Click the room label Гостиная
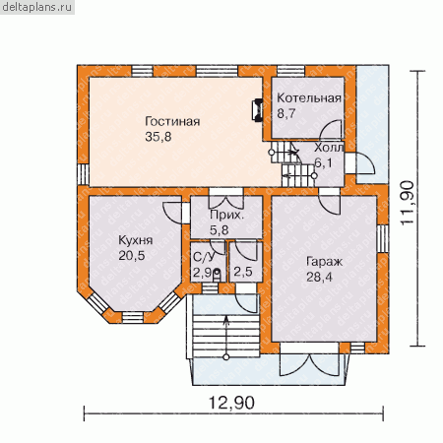click(x=172, y=121)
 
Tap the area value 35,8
click(x=158, y=137)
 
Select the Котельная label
click(x=309, y=98)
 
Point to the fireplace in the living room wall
click(x=257, y=110)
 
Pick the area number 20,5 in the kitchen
click(x=132, y=255)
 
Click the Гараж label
click(x=324, y=262)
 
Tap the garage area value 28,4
click(x=319, y=277)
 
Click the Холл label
click(x=329, y=148)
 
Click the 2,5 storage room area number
click(x=243, y=272)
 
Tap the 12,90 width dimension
click(x=231, y=403)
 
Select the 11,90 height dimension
click(x=408, y=203)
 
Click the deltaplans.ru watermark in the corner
click(x=37, y=7)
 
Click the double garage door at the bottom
click(x=309, y=359)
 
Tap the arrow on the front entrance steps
click(x=226, y=337)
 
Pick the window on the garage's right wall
click(x=383, y=238)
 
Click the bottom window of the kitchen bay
click(x=133, y=317)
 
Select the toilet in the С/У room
click(x=217, y=276)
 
